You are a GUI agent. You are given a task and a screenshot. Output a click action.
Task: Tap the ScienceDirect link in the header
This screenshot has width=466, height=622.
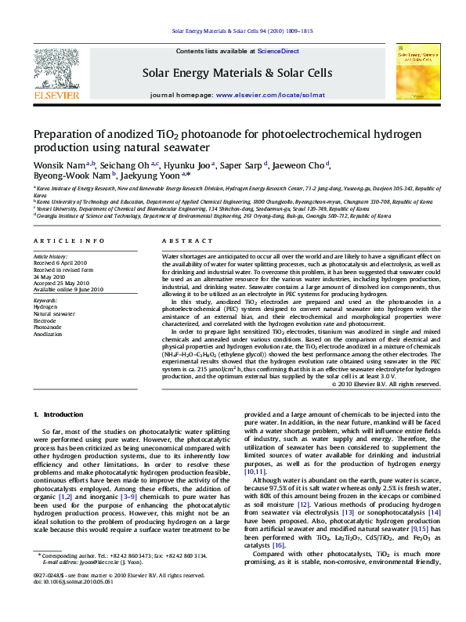pyautogui.click(x=279, y=51)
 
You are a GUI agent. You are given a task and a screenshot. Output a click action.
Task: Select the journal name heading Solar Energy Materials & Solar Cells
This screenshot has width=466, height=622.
pyautogui.click(x=237, y=73)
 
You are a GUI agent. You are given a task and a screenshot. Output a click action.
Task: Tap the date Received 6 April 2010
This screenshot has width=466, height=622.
pyautogui.click(x=60, y=262)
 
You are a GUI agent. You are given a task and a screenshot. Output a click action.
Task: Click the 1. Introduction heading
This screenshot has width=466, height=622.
pyautogui.click(x=57, y=413)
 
